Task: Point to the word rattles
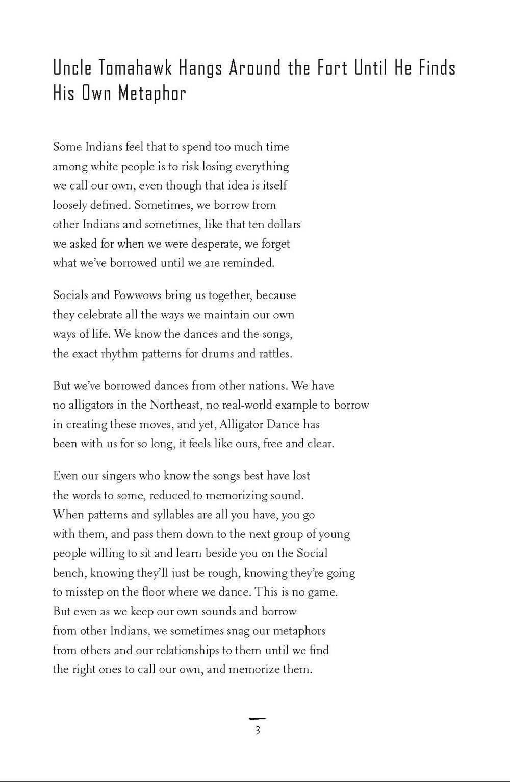[275, 354]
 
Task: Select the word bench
[70, 573]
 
